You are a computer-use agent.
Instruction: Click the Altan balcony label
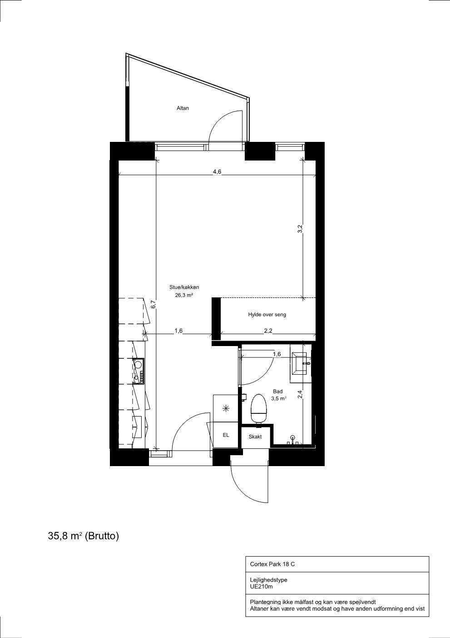pos(183,108)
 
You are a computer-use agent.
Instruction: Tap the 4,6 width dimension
pos(217,171)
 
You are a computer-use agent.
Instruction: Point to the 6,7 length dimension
pos(153,304)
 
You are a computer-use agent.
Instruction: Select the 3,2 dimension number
pos(300,229)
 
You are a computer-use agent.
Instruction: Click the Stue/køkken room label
pos(184,287)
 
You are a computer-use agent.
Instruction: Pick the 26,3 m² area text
pos(184,295)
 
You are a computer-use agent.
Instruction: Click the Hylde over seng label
pos(267,315)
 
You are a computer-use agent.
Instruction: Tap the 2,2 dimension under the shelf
pos(268,331)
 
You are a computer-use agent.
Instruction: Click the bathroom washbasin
pos(301,363)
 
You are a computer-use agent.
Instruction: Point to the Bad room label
pos(277,392)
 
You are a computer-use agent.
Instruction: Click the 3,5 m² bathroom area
pos(279,399)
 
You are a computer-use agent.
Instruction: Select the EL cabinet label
pos(226,435)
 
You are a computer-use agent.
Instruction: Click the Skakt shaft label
pos(255,437)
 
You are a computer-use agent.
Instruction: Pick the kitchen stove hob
pos(139,370)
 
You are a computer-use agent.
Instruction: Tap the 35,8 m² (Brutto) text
pos(84,536)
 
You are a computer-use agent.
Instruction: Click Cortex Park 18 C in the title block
pos(272,564)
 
